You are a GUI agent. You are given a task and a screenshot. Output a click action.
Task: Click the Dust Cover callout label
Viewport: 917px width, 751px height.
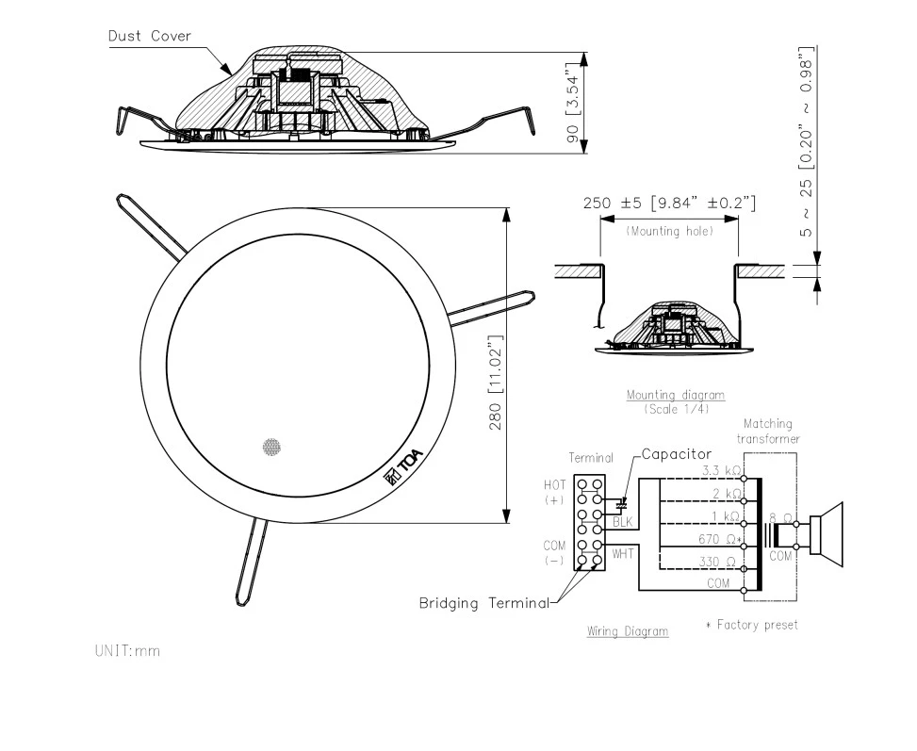click(150, 37)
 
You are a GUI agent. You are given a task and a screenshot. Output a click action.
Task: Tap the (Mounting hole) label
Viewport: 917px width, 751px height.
click(670, 231)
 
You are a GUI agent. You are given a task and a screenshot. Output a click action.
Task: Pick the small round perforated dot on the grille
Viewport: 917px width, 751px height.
click(272, 448)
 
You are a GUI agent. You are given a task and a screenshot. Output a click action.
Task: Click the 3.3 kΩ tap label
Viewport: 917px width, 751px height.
click(721, 469)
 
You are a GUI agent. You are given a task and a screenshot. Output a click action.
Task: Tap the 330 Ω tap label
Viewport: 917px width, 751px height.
click(721, 563)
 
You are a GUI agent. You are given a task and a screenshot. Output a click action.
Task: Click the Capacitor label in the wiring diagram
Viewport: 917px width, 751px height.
click(677, 453)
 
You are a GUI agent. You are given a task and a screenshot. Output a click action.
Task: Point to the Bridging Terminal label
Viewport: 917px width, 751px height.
click(483, 603)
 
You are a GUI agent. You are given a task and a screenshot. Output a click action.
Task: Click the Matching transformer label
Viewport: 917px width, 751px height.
click(768, 432)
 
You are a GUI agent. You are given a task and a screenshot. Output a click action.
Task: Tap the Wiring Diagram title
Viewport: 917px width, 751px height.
click(628, 631)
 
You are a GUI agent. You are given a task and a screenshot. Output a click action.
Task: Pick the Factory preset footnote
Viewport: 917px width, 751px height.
click(751, 625)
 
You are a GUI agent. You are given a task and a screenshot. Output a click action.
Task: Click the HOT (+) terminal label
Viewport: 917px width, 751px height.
click(554, 492)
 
